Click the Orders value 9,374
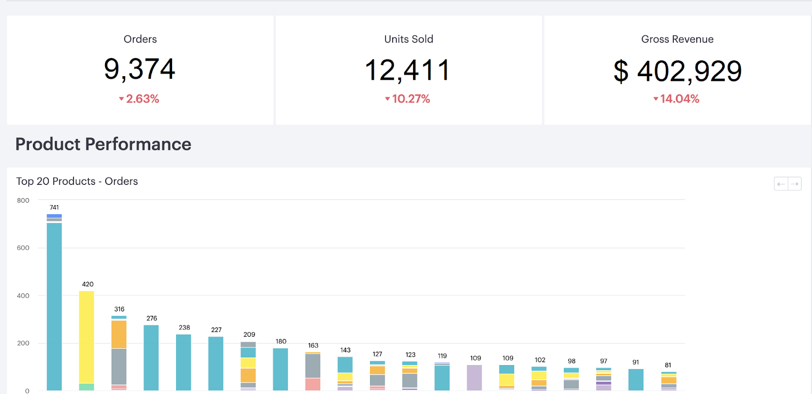coord(140,69)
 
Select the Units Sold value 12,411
coord(408,70)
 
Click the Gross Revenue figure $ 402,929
coord(677,71)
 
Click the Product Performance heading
coord(103,144)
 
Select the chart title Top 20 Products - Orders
coord(77,181)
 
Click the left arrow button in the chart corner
coord(781,184)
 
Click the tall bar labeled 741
coord(54,305)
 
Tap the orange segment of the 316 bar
coord(119,334)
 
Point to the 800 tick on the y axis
coord(23,201)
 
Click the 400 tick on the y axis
coord(23,295)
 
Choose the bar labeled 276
coord(151,357)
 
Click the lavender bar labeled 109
coord(474,377)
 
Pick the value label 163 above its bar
coord(313,345)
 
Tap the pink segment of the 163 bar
coord(313,384)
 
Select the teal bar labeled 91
coord(635,379)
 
